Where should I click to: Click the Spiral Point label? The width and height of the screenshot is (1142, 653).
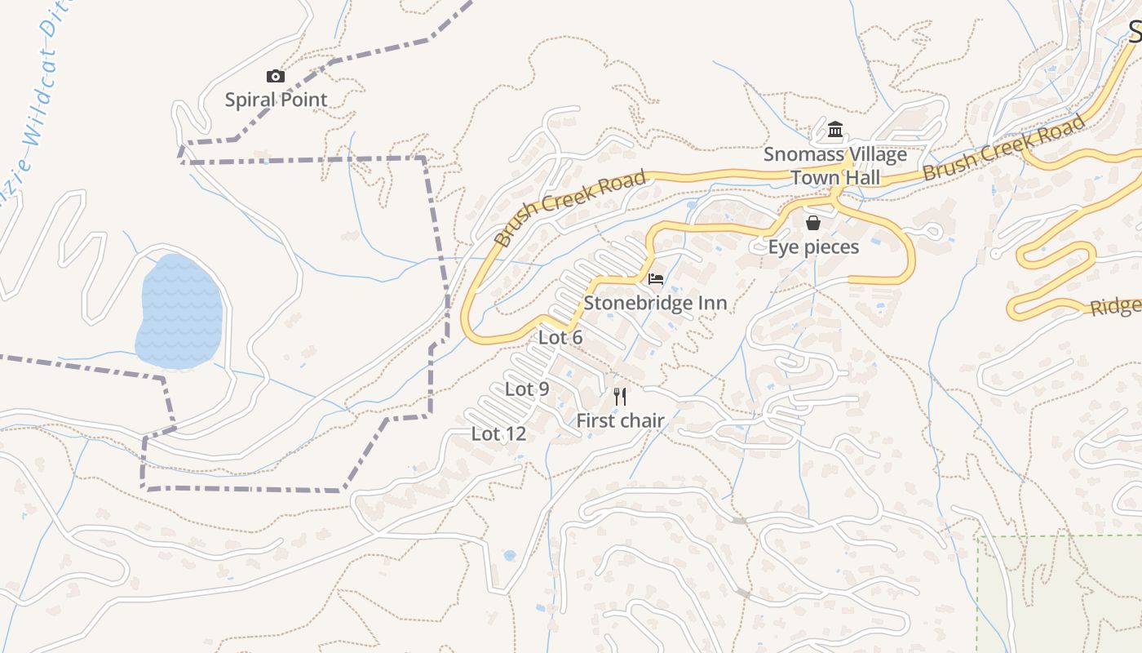pos(276,100)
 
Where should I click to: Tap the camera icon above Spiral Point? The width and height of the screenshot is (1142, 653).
pos(276,76)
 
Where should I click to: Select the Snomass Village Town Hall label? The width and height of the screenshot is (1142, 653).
pos(834,166)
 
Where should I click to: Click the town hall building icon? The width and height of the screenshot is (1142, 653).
pos(834,130)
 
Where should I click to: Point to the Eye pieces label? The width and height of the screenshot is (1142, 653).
pos(813,247)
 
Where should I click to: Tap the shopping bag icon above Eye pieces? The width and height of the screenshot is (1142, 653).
pos(813,223)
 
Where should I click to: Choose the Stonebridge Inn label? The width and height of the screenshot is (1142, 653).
pos(655,304)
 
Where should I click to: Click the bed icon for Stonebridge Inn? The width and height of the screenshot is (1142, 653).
pos(655,279)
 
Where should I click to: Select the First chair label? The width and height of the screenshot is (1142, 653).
pos(620,421)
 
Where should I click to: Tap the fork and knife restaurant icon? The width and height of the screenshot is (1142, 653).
pos(620,397)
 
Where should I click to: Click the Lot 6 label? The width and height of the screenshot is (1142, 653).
pos(560,338)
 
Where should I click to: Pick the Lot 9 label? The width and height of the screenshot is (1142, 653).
pos(527,389)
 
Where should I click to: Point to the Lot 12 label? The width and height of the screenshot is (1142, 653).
pos(498,434)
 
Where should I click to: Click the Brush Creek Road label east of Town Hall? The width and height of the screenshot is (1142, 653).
pos(1004,148)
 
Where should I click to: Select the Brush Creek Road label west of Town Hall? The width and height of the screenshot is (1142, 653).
pos(570,208)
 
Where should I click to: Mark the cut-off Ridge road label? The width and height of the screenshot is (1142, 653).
pos(1116,307)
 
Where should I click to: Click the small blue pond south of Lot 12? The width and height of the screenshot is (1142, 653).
pos(510,556)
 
